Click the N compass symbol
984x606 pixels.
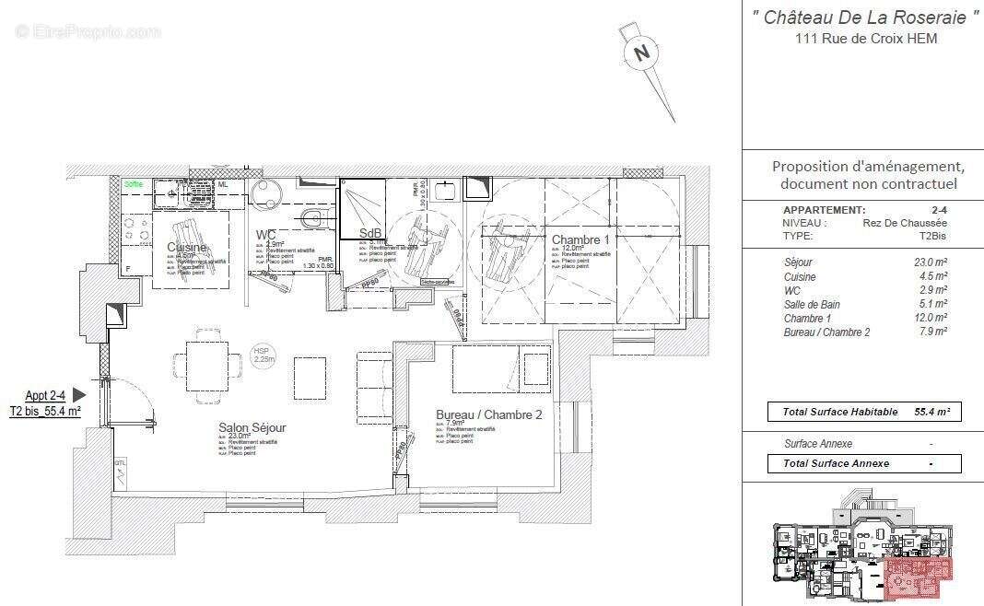[x=642, y=53]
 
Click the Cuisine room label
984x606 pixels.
[x=187, y=248]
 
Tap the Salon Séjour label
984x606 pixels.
[x=252, y=428]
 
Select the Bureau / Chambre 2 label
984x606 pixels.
[x=488, y=415]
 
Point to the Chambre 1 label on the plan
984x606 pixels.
[x=580, y=240]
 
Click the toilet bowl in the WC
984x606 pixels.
[x=314, y=218]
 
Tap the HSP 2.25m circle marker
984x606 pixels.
[x=264, y=355]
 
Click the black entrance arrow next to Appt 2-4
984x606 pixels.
[x=78, y=395]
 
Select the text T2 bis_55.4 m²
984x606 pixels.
[x=45, y=412]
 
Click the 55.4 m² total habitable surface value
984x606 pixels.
[x=931, y=412]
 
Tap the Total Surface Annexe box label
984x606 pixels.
[x=836, y=463]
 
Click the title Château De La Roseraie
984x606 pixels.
[x=865, y=17]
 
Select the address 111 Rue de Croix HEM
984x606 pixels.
[x=863, y=39]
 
